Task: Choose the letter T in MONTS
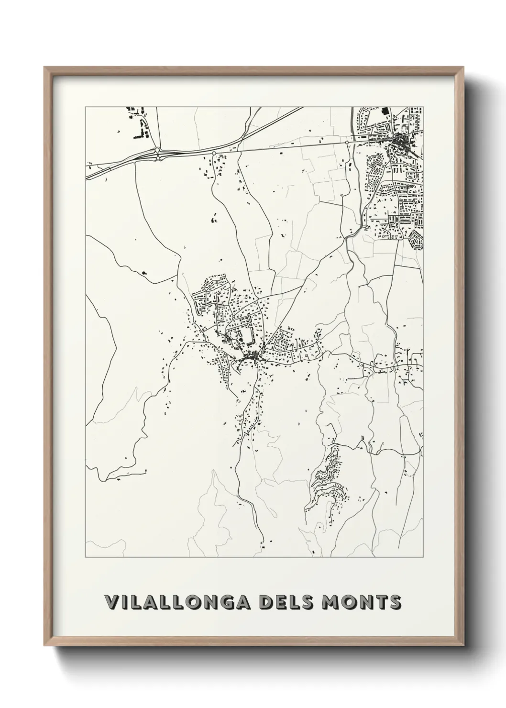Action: click(x=381, y=602)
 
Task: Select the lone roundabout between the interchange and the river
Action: click(x=214, y=153)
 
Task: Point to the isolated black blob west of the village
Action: click(x=144, y=273)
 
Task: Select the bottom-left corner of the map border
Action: click(x=86, y=557)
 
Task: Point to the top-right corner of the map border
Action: click(x=423, y=107)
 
